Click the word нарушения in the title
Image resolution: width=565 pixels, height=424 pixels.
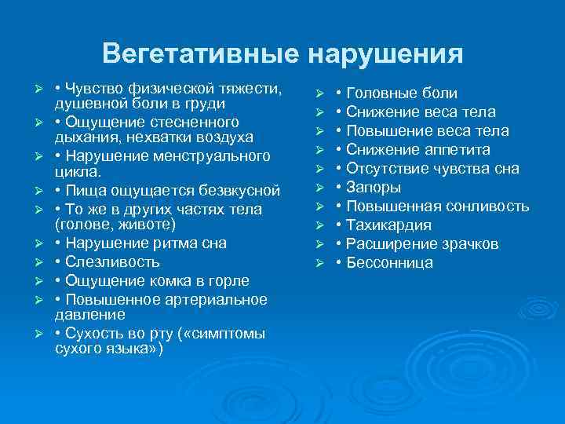(x=384, y=54)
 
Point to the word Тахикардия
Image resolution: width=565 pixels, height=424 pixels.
(x=389, y=225)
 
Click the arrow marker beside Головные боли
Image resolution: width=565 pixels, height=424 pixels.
(x=320, y=93)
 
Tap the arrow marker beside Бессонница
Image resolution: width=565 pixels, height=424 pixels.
(x=320, y=263)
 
